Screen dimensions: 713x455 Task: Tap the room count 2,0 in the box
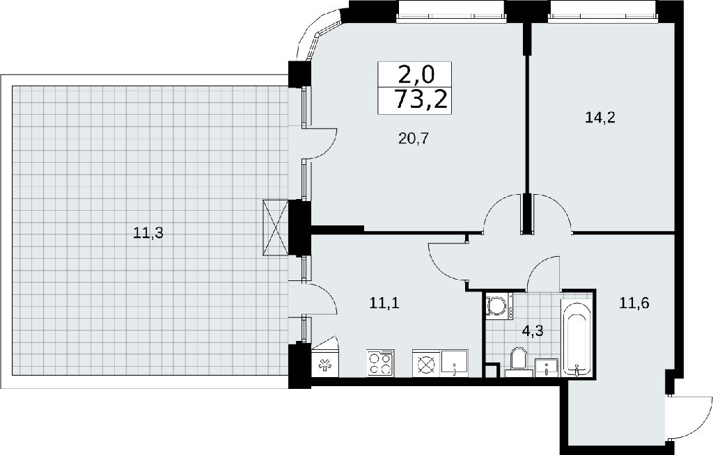[x=416, y=74]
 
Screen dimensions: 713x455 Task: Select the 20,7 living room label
[x=414, y=138]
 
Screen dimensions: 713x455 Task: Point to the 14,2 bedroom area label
[x=600, y=118]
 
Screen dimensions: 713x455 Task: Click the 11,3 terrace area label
[x=148, y=233]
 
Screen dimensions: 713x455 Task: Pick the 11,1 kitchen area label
[x=384, y=303]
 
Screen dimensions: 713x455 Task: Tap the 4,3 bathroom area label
[x=533, y=331]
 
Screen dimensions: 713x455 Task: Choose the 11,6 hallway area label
[x=634, y=302]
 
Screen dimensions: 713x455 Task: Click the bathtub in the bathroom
[x=576, y=337]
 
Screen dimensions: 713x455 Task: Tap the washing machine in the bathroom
[x=499, y=306]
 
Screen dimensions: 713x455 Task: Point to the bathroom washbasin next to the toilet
[x=546, y=367]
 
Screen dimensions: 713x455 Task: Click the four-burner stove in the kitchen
[x=380, y=363]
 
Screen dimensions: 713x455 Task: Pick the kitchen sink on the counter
[x=454, y=363]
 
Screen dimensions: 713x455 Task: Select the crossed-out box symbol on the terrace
[x=276, y=228]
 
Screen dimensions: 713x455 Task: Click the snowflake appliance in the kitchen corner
[x=324, y=365]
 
